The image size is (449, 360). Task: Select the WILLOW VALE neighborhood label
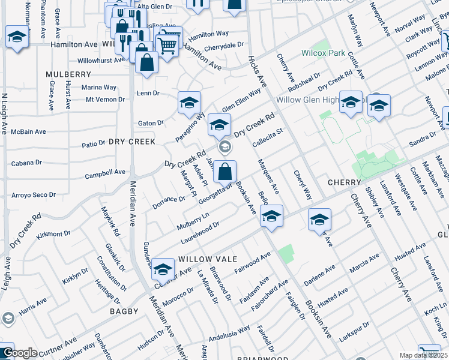click(x=201, y=257)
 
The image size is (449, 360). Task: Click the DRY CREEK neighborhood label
click(x=132, y=142)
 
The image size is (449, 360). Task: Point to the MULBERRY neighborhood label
click(x=68, y=74)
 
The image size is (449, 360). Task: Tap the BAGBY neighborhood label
click(x=124, y=311)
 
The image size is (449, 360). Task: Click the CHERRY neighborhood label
click(x=344, y=182)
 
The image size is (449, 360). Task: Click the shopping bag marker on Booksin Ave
click(x=224, y=172)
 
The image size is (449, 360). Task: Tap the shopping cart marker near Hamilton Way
click(x=167, y=43)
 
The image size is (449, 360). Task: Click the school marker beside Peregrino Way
click(x=189, y=103)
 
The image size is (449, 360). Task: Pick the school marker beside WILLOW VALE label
click(x=163, y=269)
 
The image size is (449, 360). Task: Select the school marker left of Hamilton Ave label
click(x=17, y=37)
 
